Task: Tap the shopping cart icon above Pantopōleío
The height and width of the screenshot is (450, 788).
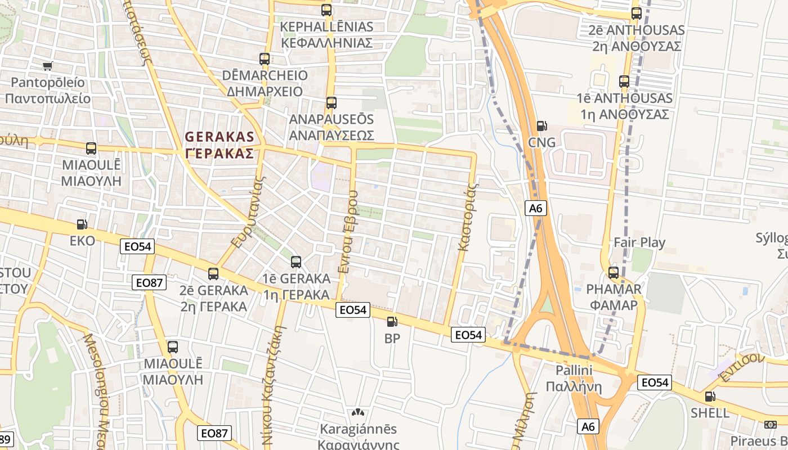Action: [48, 66]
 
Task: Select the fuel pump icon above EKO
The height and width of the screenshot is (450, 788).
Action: [82, 224]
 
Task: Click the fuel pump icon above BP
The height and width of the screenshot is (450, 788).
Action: [392, 322]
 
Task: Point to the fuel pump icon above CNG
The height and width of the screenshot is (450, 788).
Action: [541, 126]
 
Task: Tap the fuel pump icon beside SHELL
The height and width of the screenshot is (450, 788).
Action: [710, 397]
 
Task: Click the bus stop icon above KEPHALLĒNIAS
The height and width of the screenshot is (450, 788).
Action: [326, 10]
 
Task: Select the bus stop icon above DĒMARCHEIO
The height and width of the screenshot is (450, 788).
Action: [265, 58]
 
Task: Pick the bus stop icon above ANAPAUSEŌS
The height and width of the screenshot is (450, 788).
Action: [331, 103]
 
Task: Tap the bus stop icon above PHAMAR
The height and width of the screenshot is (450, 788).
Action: [613, 273]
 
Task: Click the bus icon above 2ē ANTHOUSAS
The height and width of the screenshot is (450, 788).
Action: [636, 13]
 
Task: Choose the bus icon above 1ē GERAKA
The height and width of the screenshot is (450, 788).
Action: [296, 262]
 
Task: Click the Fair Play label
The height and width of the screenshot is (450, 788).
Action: [639, 243]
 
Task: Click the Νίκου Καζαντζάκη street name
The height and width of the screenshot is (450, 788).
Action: [274, 382]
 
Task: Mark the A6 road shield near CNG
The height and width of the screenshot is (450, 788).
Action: [536, 209]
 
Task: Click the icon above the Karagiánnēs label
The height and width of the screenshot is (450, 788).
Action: [358, 413]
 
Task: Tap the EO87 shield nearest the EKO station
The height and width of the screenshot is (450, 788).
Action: [150, 282]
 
